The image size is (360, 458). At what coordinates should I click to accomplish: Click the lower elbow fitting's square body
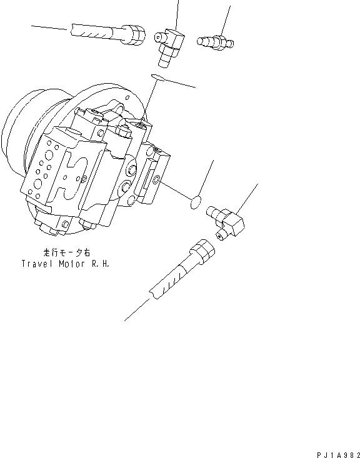(233, 222)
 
